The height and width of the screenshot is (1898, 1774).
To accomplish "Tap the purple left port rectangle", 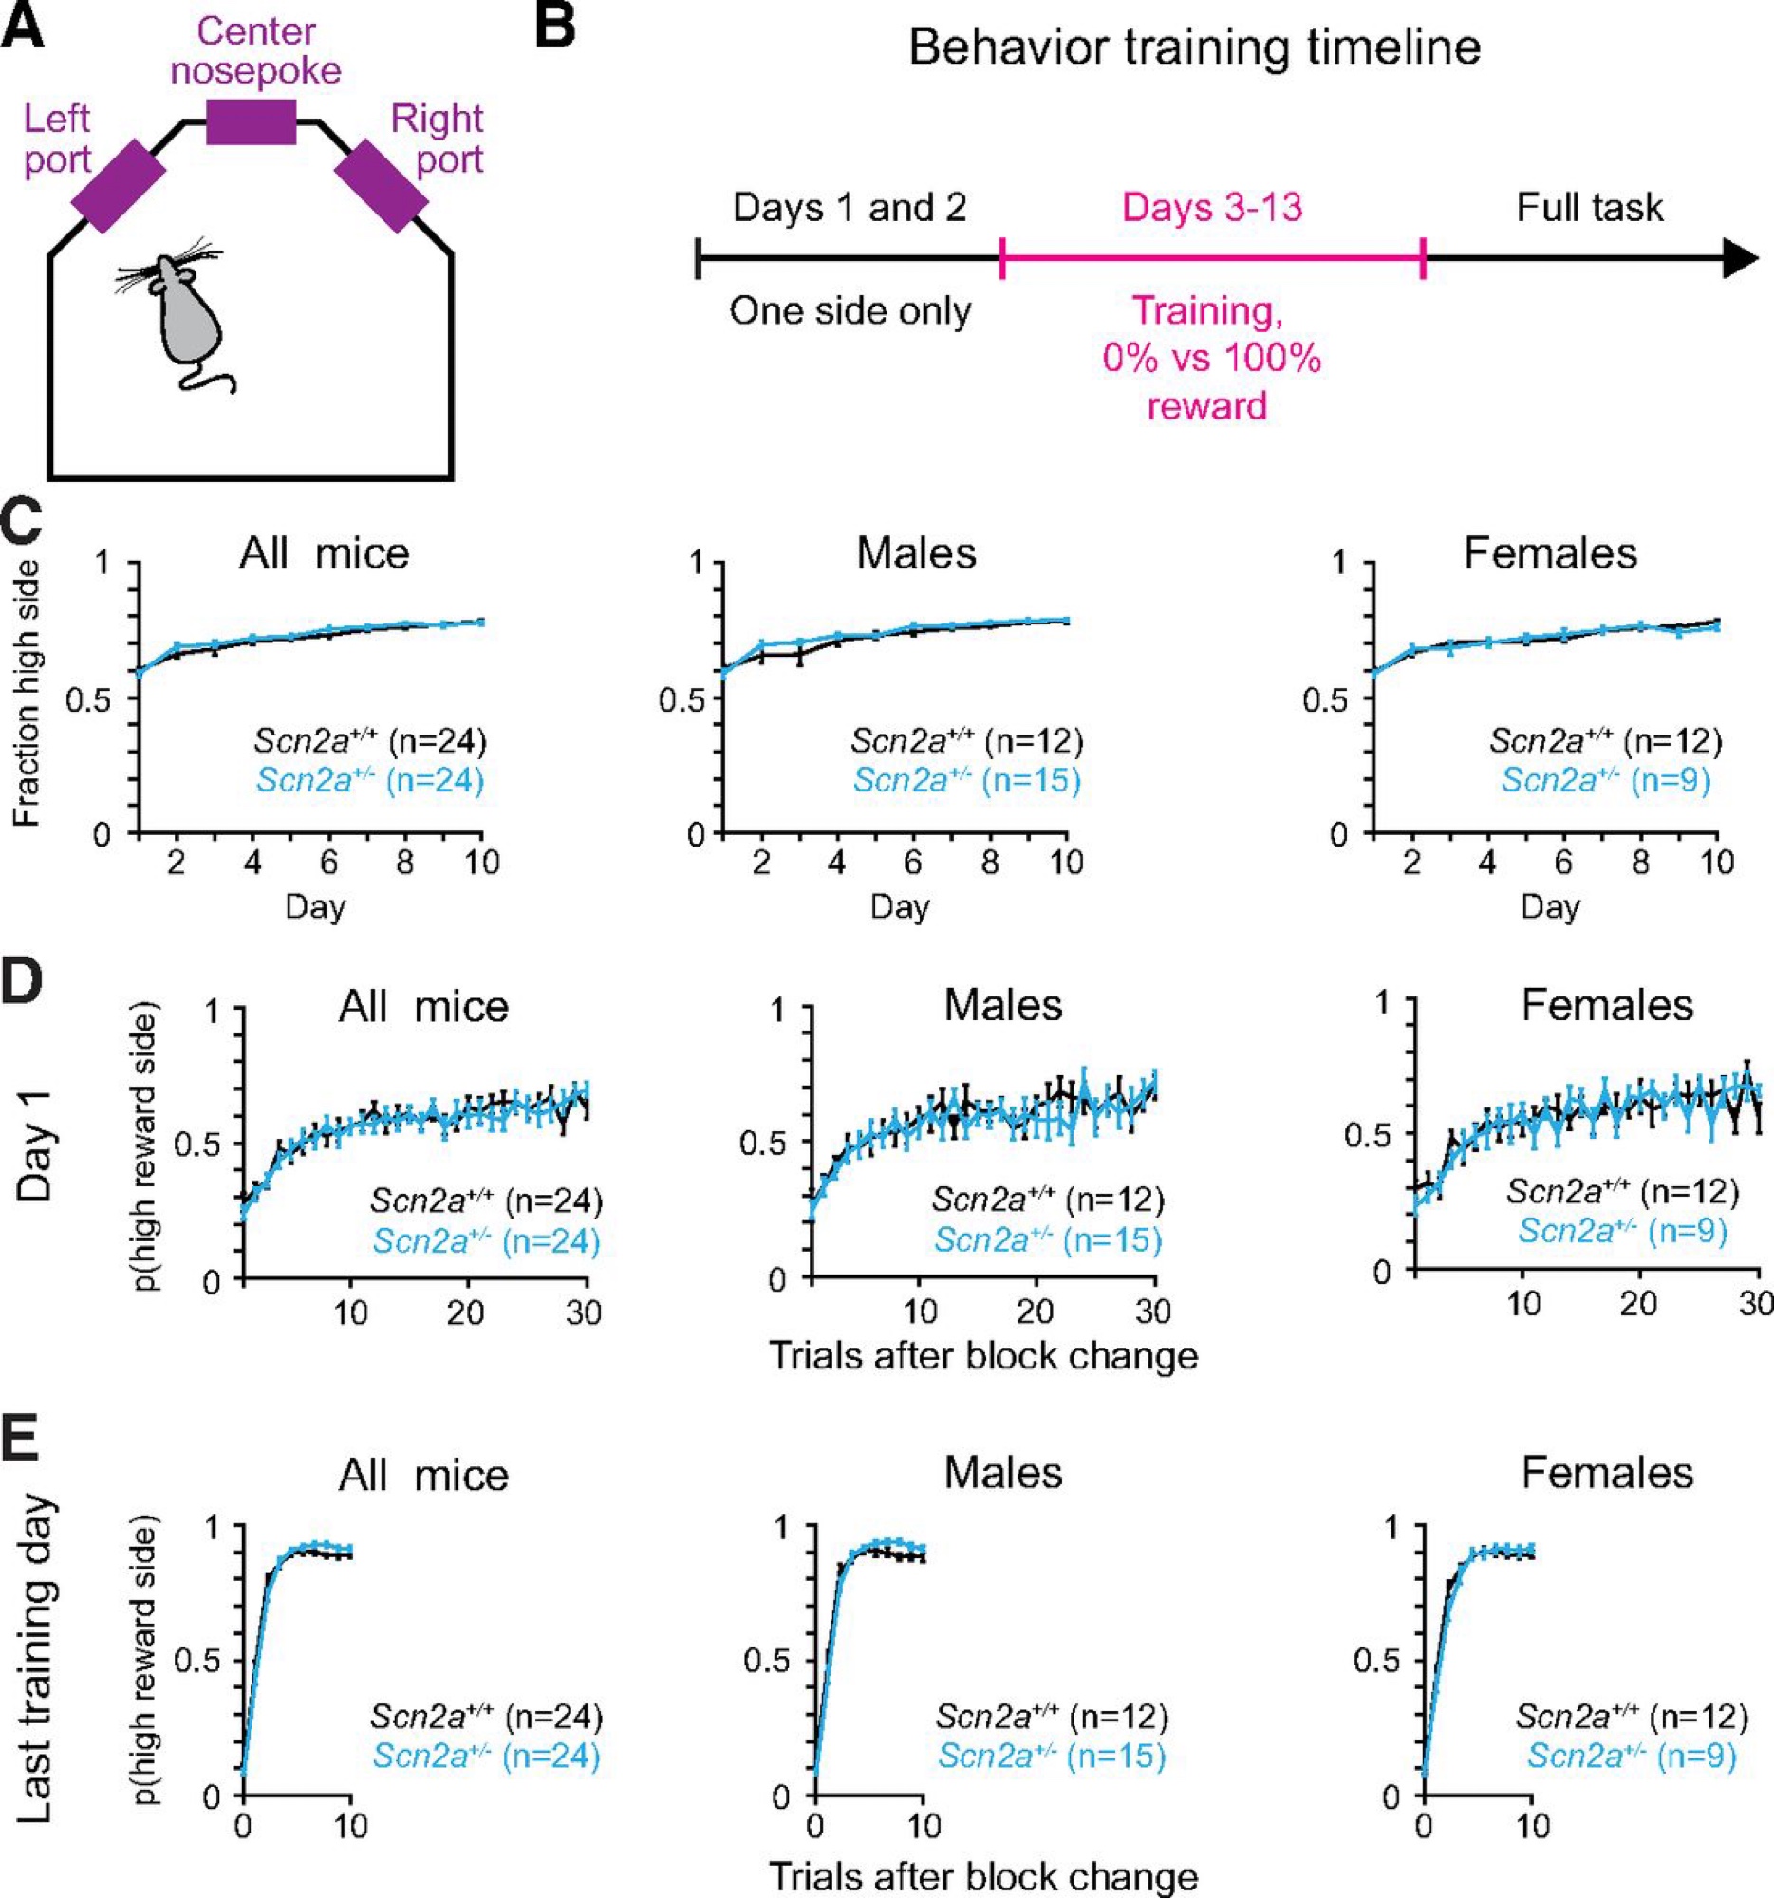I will [x=120, y=186].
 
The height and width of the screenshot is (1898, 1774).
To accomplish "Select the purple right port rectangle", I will [x=381, y=186].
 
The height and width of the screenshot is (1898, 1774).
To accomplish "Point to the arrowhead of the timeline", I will [x=1740, y=258].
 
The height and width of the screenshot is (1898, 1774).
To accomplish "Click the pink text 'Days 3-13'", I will [x=1212, y=207].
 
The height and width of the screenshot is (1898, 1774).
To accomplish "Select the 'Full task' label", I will [x=1589, y=207].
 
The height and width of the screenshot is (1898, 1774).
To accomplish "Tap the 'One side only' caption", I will [x=850, y=311].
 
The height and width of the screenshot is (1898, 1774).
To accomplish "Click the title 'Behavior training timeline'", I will [x=1193, y=47].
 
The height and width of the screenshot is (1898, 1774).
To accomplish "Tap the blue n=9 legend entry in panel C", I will [x=1605, y=780].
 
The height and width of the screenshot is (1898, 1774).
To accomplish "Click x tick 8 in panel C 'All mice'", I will [x=405, y=863].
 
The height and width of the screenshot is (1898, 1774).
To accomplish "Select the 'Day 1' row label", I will [x=39, y=1145].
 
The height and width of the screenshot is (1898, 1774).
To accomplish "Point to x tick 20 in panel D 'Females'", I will [x=1638, y=1302].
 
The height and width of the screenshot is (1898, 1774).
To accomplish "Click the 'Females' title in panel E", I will [x=1607, y=1472].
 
